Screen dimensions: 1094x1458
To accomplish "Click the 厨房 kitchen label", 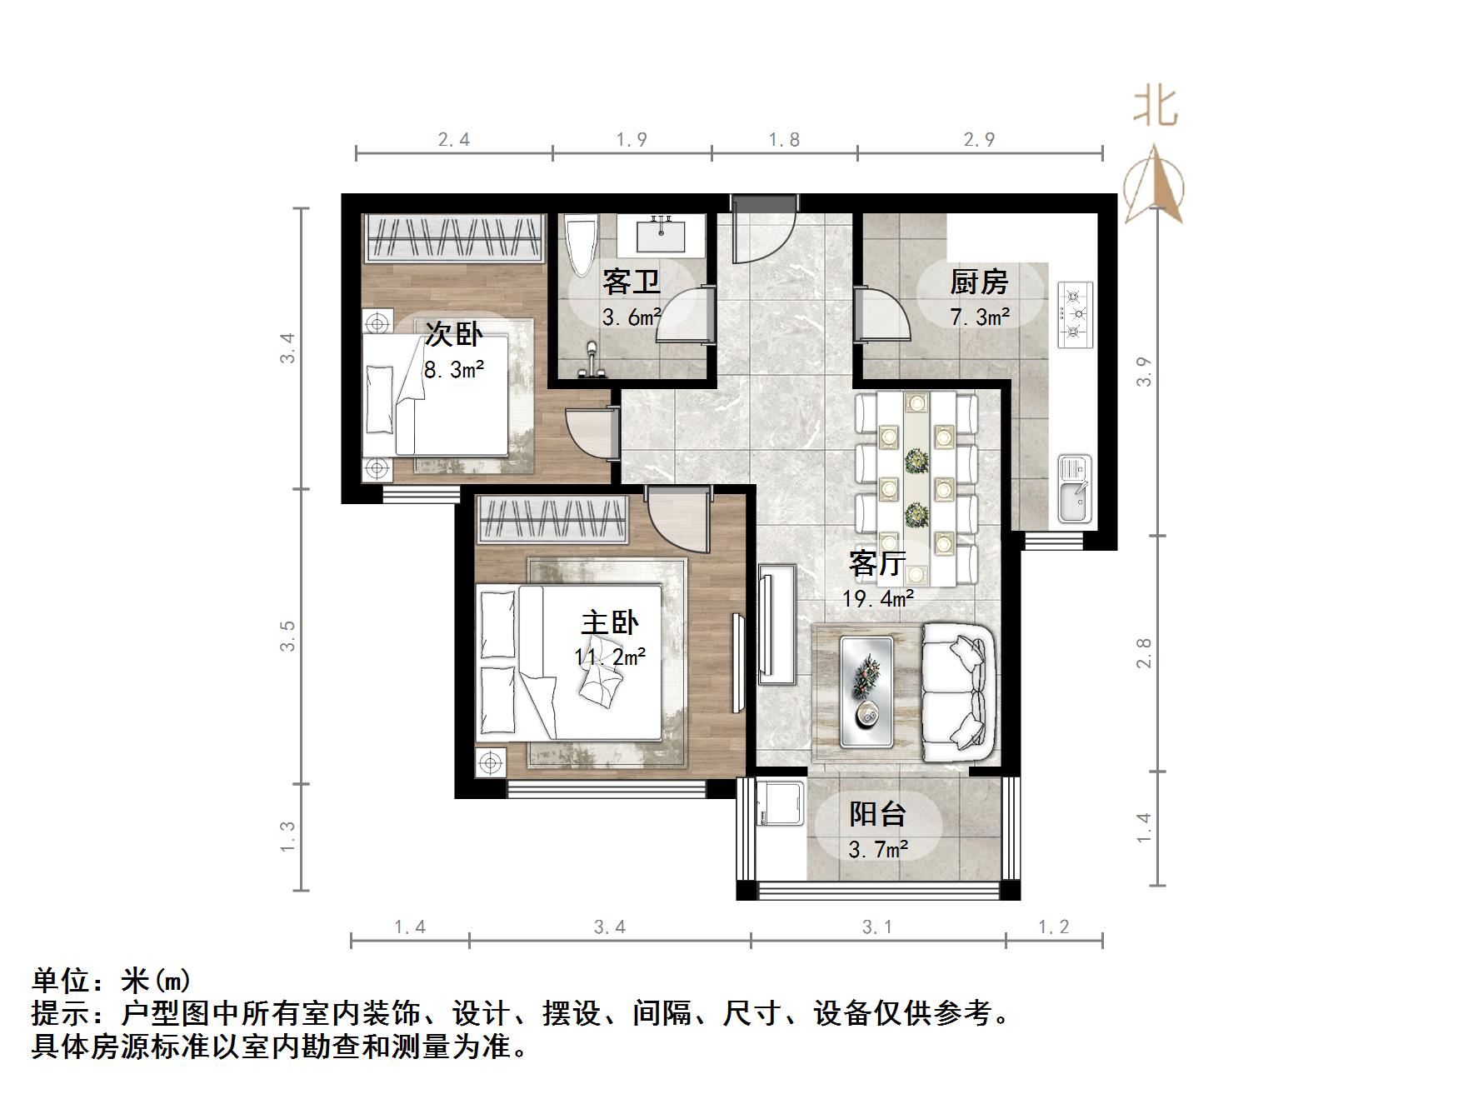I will tap(979, 282).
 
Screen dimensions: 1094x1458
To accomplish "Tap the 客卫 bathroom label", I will tap(632, 282).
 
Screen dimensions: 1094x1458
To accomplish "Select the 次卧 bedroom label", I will tap(453, 334).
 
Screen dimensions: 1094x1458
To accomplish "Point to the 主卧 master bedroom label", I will tap(610, 623).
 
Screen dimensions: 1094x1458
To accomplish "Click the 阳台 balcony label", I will tap(877, 814).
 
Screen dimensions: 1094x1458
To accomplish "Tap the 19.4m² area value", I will tap(878, 598).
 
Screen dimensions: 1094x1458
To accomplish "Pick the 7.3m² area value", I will tap(980, 317).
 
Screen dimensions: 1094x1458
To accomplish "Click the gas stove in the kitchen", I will tap(1075, 314).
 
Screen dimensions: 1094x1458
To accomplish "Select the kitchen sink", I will tap(1075, 489).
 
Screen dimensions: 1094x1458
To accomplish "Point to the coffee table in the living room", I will tap(866, 691).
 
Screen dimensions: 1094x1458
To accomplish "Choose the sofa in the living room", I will tap(958, 692).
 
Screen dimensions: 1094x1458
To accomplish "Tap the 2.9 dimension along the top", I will tap(980, 139).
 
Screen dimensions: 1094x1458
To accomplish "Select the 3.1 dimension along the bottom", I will tap(877, 927).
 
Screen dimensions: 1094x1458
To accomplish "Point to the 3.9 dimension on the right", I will tap(1144, 371).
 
